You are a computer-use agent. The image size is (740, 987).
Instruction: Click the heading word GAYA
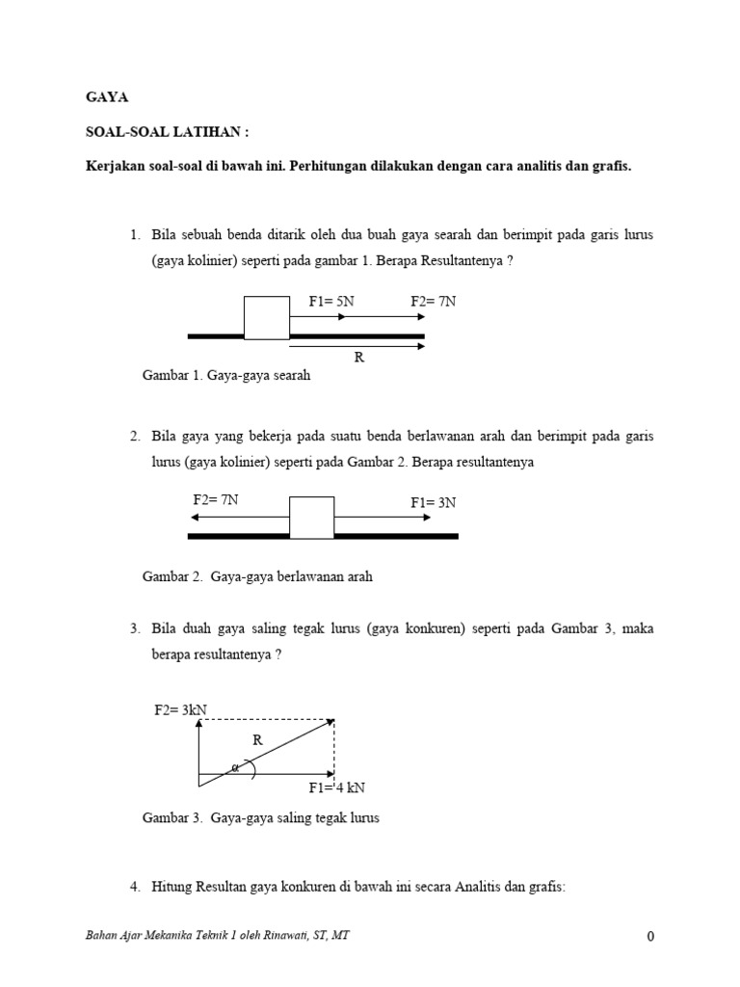[107, 97]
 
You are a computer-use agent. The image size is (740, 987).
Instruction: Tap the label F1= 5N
[331, 302]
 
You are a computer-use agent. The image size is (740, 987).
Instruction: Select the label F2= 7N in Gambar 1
[433, 302]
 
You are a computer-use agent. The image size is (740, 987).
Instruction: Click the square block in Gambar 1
[267, 318]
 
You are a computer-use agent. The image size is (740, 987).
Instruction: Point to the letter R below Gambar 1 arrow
[359, 358]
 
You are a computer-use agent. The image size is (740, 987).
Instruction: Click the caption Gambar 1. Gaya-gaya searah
[226, 376]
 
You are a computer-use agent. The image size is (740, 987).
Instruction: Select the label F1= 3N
[434, 502]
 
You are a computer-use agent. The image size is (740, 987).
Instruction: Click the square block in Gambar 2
[312, 518]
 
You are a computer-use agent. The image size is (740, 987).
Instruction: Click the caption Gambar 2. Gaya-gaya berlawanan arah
[257, 576]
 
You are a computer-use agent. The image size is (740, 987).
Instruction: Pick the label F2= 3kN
[181, 710]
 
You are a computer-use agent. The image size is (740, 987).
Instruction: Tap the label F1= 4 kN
[337, 787]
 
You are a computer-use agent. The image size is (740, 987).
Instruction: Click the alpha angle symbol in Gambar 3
[233, 768]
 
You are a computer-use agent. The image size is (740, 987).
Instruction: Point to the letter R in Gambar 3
[257, 741]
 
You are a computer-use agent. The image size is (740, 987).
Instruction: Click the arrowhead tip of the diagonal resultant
[332, 720]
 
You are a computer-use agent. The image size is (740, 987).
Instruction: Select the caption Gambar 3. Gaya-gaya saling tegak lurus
[261, 818]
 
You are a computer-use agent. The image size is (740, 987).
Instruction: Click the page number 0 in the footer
[651, 936]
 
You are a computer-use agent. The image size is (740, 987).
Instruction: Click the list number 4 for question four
[135, 886]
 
